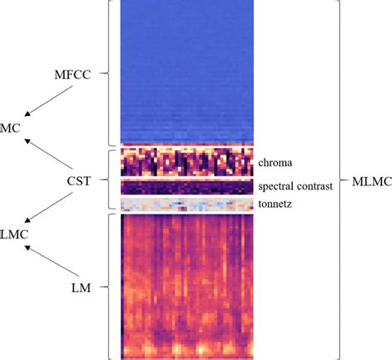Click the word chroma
coord(275,161)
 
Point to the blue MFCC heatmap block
coord(186,72)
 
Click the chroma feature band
coord(186,162)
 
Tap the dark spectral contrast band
coord(186,187)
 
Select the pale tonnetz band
coord(186,204)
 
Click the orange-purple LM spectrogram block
coord(186,286)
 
